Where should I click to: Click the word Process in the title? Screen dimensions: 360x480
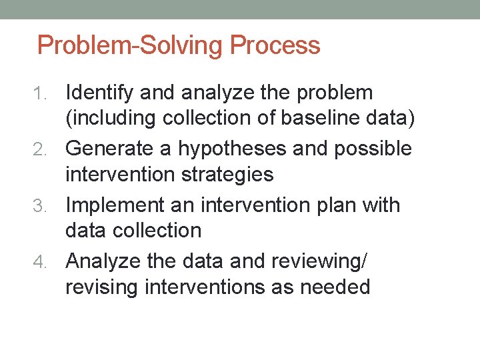pyautogui.click(x=275, y=46)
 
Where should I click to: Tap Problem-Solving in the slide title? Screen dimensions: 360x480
pyautogui.click(x=131, y=46)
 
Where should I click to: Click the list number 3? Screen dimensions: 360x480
pyautogui.click(x=54, y=206)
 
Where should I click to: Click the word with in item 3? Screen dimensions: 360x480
pyautogui.click(x=381, y=205)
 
